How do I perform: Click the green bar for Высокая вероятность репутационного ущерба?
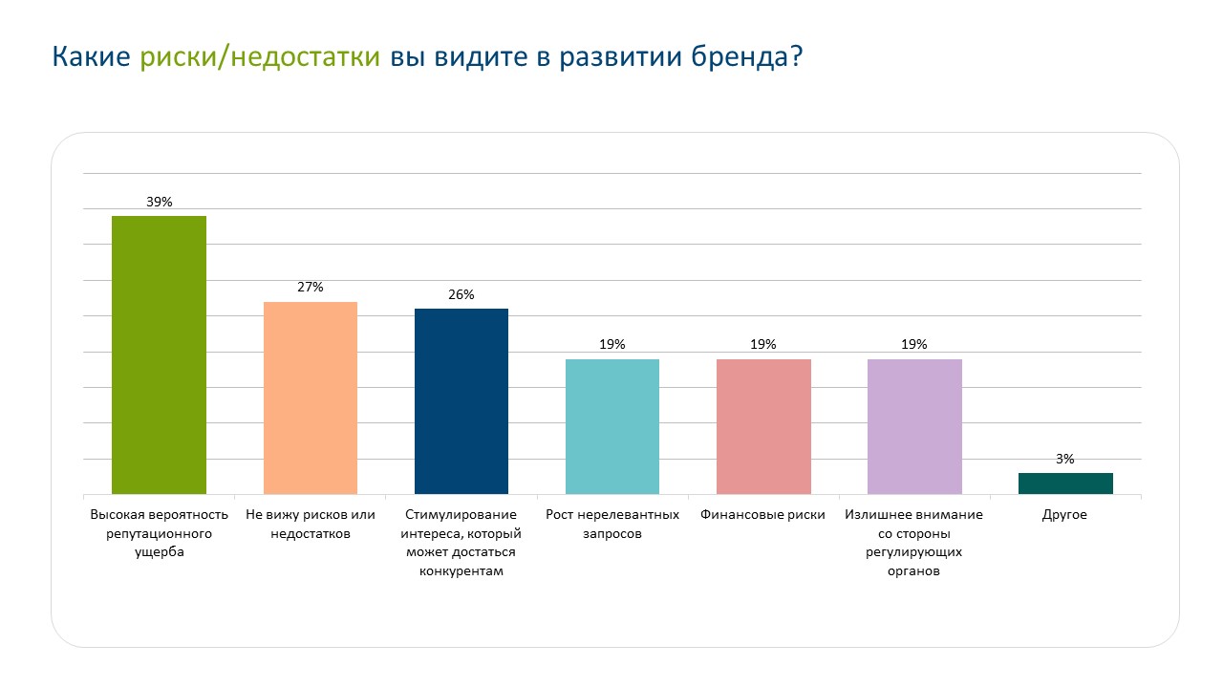point(159,355)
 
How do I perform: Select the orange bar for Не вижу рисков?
point(310,398)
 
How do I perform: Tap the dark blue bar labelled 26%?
point(461,401)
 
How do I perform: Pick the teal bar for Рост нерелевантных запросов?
point(612,426)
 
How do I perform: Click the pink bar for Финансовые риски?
point(763,426)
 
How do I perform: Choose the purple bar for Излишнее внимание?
point(914,426)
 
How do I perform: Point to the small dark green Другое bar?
point(1065,484)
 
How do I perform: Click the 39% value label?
point(159,202)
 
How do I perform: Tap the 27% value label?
point(311,287)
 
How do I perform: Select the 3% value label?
point(1065,459)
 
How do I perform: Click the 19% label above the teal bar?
point(612,344)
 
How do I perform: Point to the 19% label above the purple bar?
point(914,344)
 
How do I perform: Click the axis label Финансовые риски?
point(763,514)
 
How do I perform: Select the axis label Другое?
point(1065,514)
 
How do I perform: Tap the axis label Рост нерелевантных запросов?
point(612,524)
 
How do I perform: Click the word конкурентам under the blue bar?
point(461,571)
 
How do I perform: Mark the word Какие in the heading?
point(91,57)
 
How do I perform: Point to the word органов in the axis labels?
point(914,571)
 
